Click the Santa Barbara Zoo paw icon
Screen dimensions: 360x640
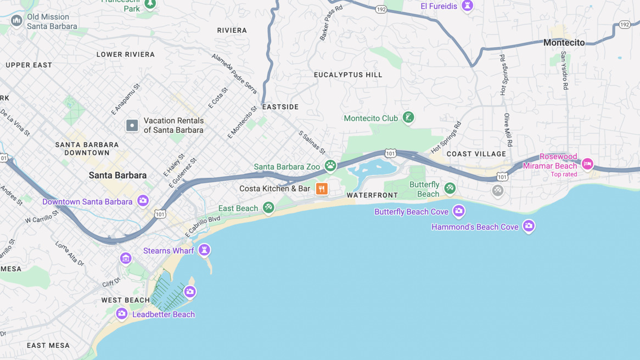pyautogui.click(x=330, y=166)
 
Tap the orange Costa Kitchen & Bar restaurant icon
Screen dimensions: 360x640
pyautogui.click(x=322, y=189)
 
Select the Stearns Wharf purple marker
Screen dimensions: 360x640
pyautogui.click(x=204, y=250)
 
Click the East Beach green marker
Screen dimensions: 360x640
pyautogui.click(x=268, y=207)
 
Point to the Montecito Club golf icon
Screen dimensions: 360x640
pyautogui.click(x=408, y=117)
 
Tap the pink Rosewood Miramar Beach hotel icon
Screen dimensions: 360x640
pyautogui.click(x=587, y=164)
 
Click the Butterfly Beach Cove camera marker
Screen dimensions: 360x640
pyautogui.click(x=458, y=211)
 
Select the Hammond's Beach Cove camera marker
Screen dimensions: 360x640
pyautogui.click(x=528, y=226)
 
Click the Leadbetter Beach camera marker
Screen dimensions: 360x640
pyautogui.click(x=122, y=313)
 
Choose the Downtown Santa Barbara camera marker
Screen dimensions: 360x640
pyautogui.click(x=143, y=200)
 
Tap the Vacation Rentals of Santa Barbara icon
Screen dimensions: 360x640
pyautogui.click(x=132, y=126)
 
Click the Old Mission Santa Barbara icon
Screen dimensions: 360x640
pyautogui.click(x=16, y=21)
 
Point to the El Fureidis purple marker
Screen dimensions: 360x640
pyautogui.click(x=467, y=5)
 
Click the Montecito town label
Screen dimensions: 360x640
pyautogui.click(x=564, y=43)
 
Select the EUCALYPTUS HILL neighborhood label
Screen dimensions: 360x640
pyautogui.click(x=348, y=75)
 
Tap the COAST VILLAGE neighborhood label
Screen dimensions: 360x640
pyautogui.click(x=476, y=154)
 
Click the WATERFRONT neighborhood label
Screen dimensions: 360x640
pyautogui.click(x=372, y=195)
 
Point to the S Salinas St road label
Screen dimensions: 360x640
pyautogui.click(x=312, y=142)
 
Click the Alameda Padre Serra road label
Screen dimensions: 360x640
pyautogui.click(x=234, y=73)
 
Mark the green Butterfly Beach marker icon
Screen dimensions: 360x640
pyautogui.click(x=450, y=188)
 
